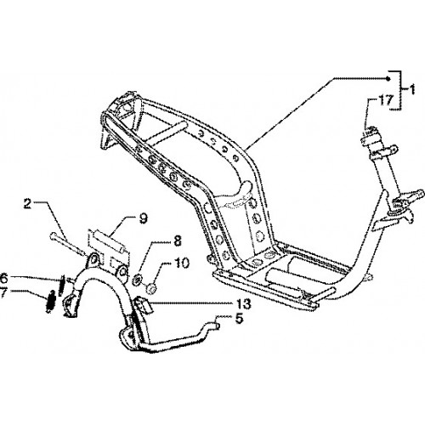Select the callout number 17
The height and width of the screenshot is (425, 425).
386,100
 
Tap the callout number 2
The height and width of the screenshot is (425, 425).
27,204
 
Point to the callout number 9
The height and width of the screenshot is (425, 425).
143,218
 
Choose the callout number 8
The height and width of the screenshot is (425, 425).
177,241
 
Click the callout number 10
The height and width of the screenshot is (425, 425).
181,263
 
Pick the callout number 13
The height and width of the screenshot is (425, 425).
243,303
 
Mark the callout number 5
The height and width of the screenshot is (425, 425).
239,319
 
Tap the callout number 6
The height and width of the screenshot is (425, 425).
3,278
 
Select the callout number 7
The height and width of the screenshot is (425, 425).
3,293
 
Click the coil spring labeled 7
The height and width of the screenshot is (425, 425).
50,302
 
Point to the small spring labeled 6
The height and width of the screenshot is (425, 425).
62,285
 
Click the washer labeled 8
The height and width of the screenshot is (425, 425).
138,280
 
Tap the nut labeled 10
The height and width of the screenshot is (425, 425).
150,288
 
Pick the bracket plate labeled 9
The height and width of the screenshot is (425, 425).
109,249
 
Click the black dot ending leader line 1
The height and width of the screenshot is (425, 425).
388,78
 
